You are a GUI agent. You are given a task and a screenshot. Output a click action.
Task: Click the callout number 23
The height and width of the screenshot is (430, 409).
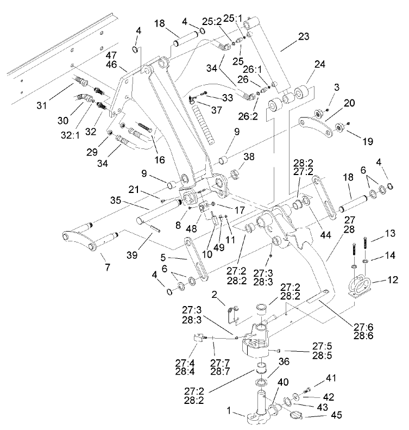click(304, 38)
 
